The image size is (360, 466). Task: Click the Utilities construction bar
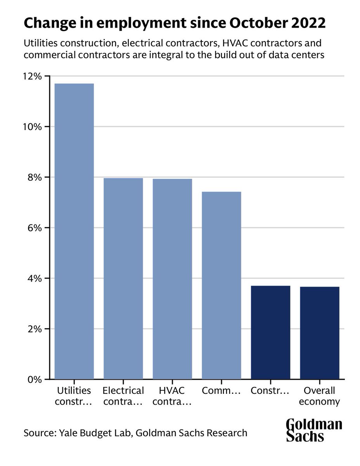pyautogui.click(x=74, y=231)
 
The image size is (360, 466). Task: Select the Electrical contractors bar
pyautogui.click(x=123, y=278)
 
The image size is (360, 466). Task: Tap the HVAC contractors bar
pyautogui.click(x=172, y=279)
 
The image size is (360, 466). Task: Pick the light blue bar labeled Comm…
pyautogui.click(x=222, y=285)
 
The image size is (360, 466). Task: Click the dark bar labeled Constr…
pyautogui.click(x=270, y=332)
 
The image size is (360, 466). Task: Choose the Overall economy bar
pyautogui.click(x=320, y=333)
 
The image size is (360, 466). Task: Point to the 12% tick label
pyautogui.click(x=32, y=76)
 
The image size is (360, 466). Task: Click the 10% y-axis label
pyautogui.click(x=32, y=127)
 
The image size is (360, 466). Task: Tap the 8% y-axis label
pyautogui.click(x=33, y=177)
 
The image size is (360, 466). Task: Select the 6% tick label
pyautogui.click(x=33, y=228)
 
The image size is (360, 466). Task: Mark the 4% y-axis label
pyautogui.click(x=33, y=278)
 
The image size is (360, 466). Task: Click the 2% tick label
pyautogui.click(x=33, y=329)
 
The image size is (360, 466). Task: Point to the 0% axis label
pyautogui.click(x=33, y=379)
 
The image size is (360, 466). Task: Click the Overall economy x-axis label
pyautogui.click(x=320, y=396)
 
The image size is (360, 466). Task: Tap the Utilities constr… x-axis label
pyautogui.click(x=74, y=396)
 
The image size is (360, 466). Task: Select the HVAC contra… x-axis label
pyautogui.click(x=172, y=396)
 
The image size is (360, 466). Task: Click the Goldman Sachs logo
pyautogui.click(x=314, y=429)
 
